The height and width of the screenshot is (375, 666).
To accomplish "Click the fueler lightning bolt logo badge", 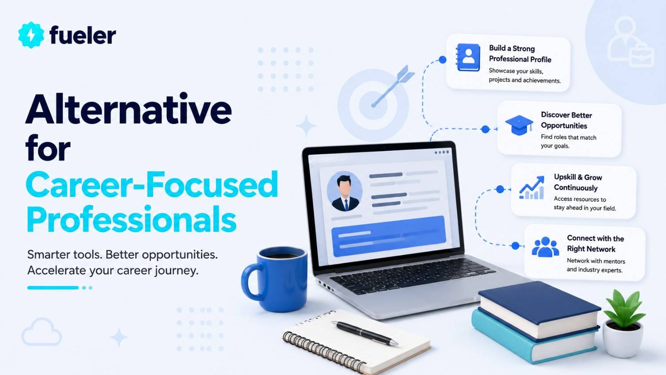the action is click(31, 35).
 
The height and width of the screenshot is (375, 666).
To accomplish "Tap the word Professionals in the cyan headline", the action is click(131, 219).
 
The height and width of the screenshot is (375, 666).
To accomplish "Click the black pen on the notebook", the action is click(365, 333).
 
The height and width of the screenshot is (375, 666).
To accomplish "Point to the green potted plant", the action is click(624, 323).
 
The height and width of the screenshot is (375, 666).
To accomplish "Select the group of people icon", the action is click(545, 247).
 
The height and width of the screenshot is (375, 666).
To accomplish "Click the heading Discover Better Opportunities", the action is click(567, 120).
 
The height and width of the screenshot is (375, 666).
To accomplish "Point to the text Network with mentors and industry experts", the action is click(596, 265).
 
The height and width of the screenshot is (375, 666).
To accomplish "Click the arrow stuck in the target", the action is click(393, 86).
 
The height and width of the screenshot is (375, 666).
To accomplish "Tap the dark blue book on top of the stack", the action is click(539, 310).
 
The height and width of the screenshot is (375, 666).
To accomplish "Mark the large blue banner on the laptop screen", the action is click(388, 236).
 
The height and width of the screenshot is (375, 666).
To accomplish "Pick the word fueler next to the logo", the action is click(83, 35).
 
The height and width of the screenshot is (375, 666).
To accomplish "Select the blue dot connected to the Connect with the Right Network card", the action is click(515, 246).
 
